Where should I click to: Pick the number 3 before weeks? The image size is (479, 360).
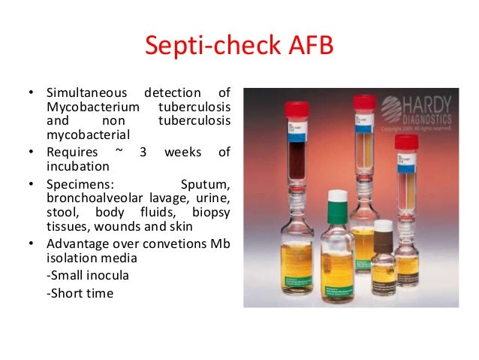coord(147,153)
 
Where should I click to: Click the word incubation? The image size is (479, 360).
coord(77,167)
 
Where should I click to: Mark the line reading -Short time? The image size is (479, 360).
coord(80,293)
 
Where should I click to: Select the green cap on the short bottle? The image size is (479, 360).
coord(337,197)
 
